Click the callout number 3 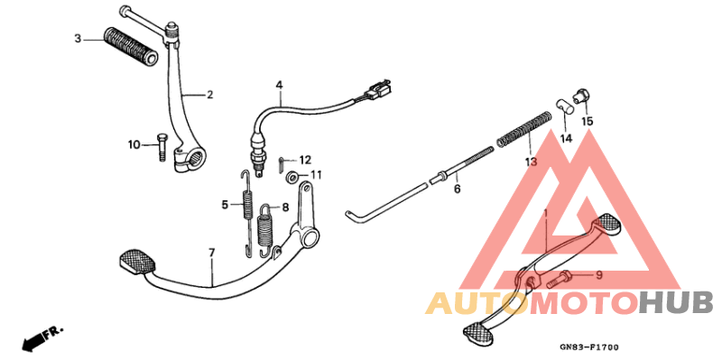78,39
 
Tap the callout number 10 134,144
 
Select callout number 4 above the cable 280,86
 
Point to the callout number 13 531,162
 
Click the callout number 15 587,121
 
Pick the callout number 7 212,252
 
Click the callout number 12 304,159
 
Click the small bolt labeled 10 162,145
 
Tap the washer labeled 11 292,175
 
